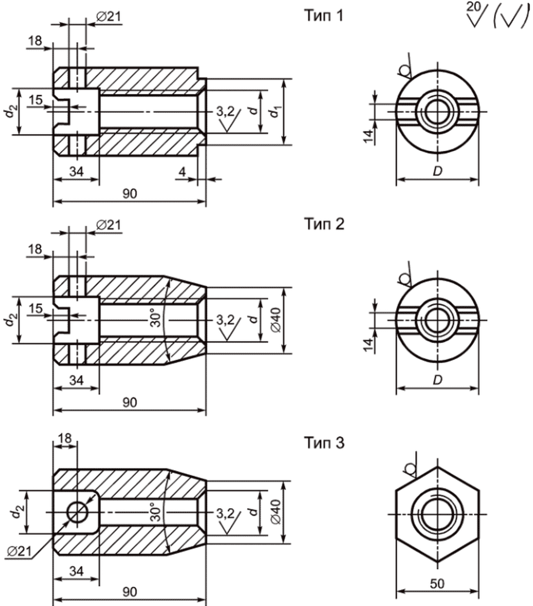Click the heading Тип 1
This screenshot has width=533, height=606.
click(x=323, y=16)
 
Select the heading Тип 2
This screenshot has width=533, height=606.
click(x=324, y=224)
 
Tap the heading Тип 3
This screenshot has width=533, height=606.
click(x=324, y=443)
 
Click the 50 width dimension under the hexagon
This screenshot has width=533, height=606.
click(x=437, y=584)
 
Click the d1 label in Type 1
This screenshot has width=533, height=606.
click(x=274, y=112)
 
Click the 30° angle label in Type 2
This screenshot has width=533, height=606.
click(x=155, y=317)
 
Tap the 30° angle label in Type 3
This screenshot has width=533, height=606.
click(x=155, y=511)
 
